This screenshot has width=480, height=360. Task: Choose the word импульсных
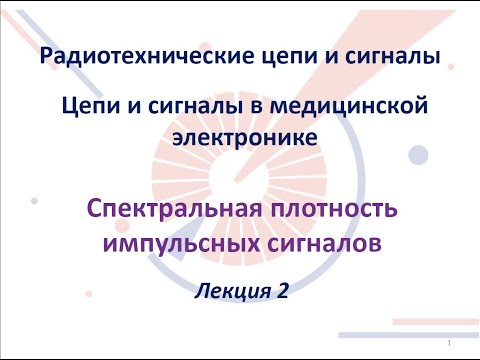181,243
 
